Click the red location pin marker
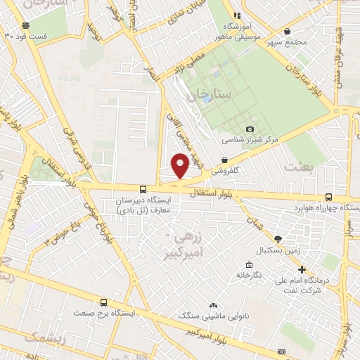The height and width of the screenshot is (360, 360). click(x=180, y=166)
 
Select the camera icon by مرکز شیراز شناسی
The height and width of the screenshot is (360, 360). click(x=250, y=129)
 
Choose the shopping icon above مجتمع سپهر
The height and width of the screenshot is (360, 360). click(x=287, y=31)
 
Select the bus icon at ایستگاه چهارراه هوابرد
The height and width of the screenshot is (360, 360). click(x=329, y=198)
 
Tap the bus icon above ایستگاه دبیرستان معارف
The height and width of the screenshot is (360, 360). click(x=143, y=189)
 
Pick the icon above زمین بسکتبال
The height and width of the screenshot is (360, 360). click(x=278, y=240)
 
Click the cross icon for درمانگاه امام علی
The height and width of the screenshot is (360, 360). click(x=302, y=269)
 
